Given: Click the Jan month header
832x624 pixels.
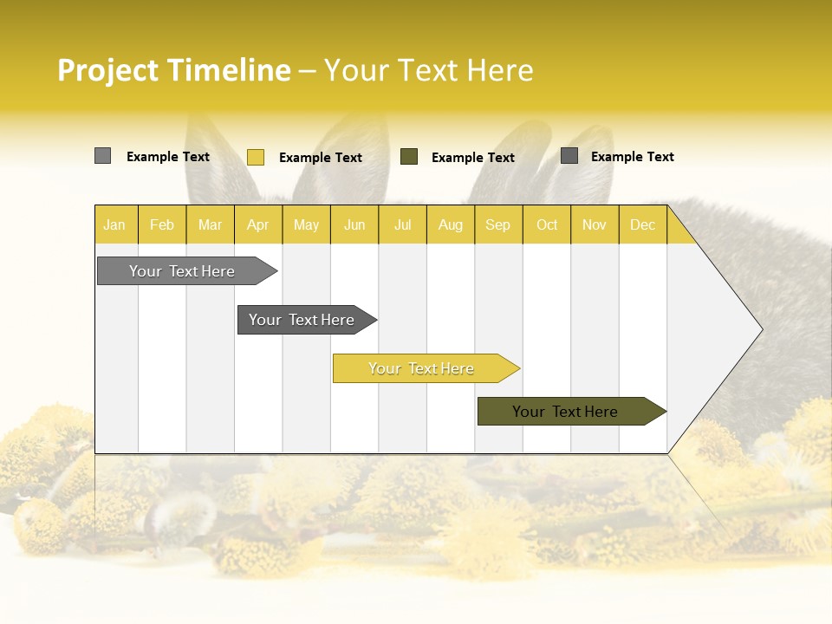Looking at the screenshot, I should click(x=115, y=224).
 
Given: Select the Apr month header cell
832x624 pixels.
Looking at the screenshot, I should click(x=258, y=224).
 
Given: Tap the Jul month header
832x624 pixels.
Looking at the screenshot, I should click(x=402, y=224).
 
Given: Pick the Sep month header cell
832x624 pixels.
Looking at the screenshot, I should click(x=498, y=224).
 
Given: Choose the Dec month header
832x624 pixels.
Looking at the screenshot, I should click(x=642, y=224).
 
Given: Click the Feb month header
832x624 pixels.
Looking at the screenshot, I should click(x=162, y=224).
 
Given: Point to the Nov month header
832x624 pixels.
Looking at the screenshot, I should click(x=595, y=224).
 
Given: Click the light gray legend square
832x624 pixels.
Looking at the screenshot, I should click(x=102, y=156).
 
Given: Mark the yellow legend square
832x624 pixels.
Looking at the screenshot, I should click(x=255, y=157).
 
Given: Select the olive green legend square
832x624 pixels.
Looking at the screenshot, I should click(x=409, y=157).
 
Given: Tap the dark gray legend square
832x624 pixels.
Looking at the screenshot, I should click(x=569, y=156).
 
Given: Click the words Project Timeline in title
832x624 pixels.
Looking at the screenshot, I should click(x=174, y=69).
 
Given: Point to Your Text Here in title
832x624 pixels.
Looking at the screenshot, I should click(x=428, y=69).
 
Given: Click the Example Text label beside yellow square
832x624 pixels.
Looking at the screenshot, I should click(x=321, y=158).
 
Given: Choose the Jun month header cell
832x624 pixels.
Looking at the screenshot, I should click(x=354, y=224).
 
